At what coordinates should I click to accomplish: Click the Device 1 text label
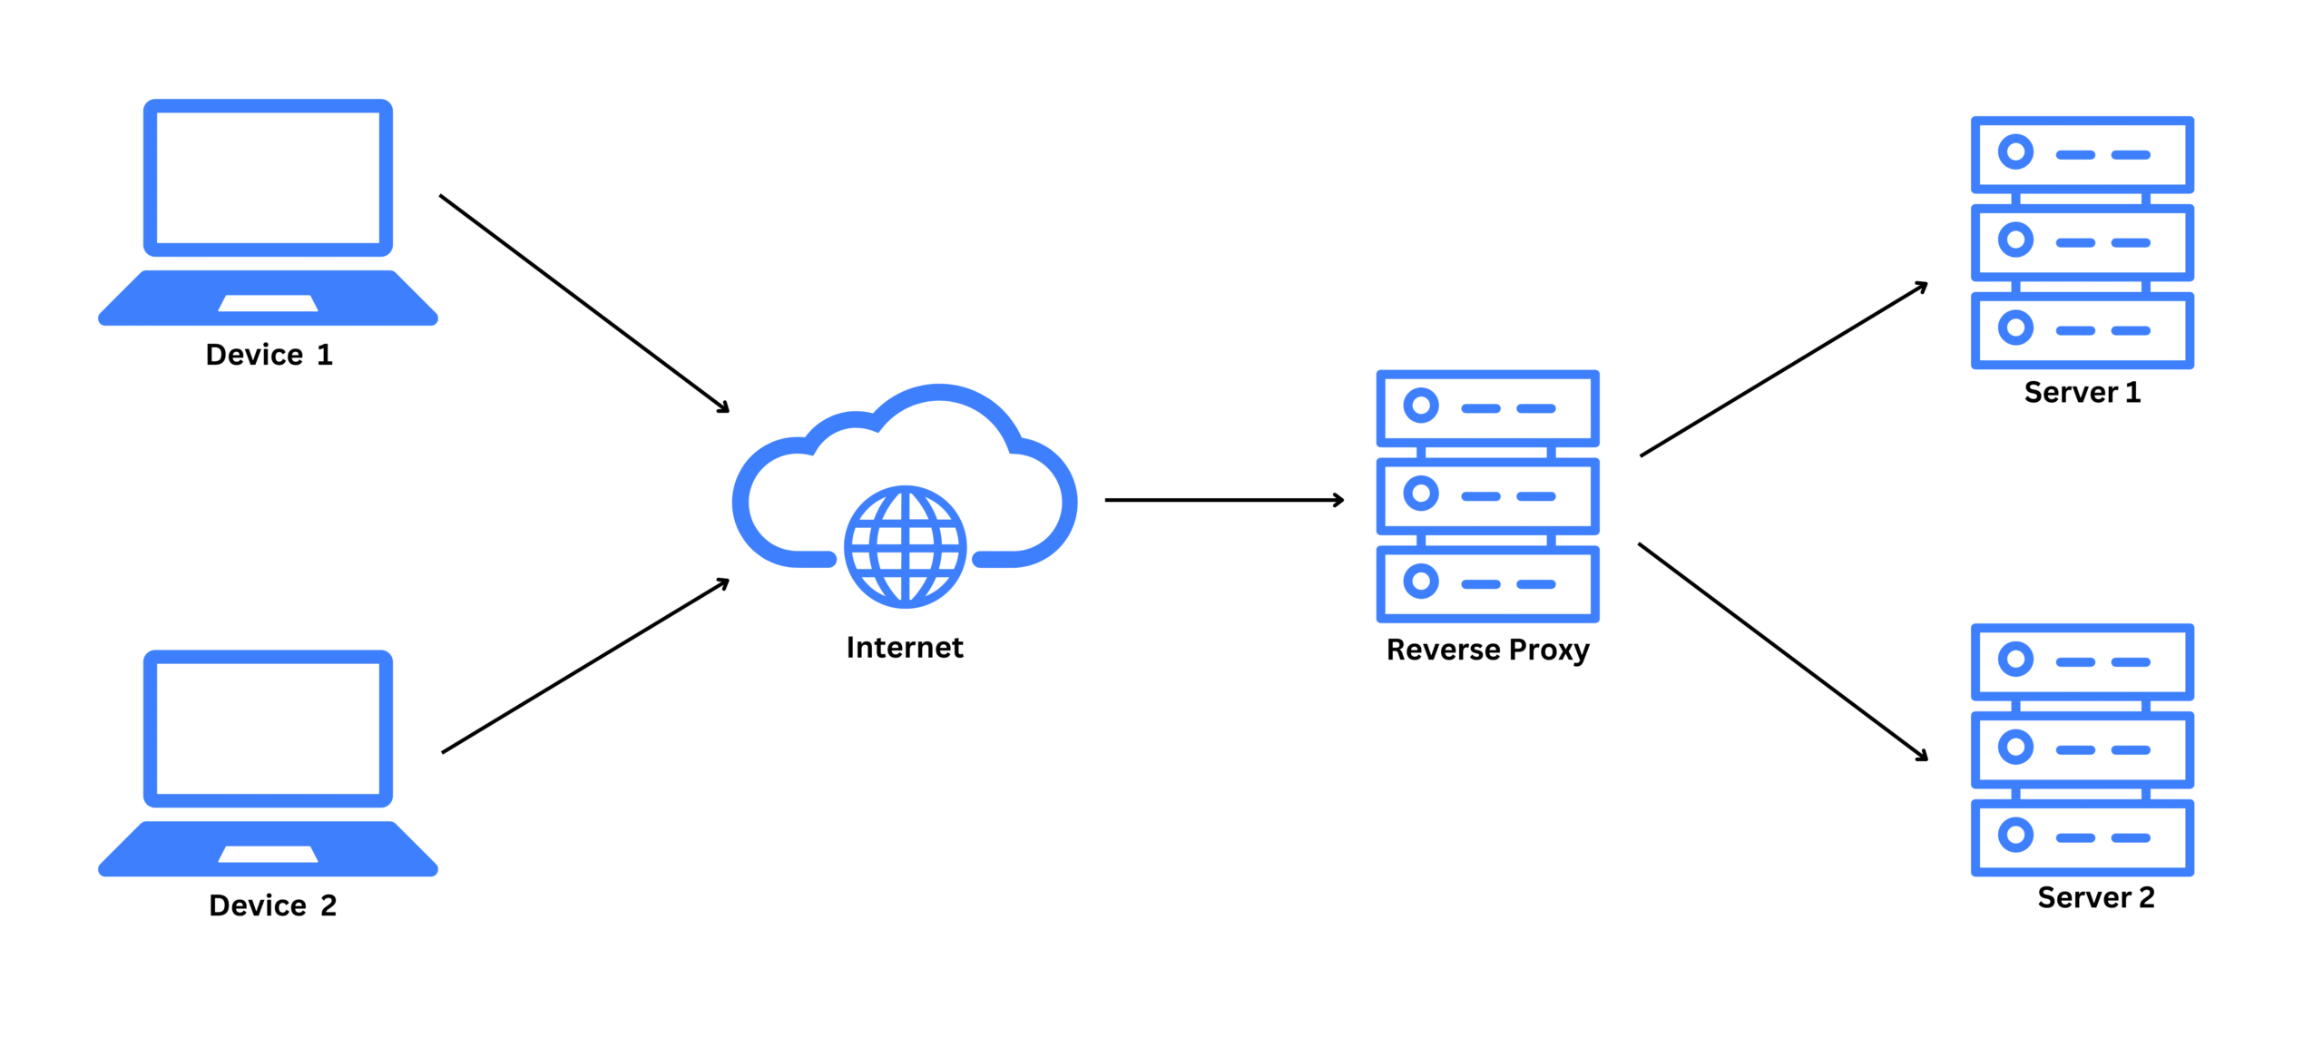pyautogui.click(x=269, y=355)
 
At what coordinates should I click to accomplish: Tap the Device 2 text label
pyautogui.click(x=272, y=905)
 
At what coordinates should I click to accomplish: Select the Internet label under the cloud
pyautogui.click(x=904, y=648)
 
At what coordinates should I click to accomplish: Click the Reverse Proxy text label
pyautogui.click(x=1487, y=651)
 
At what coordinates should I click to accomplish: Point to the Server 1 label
pyautogui.click(x=2082, y=393)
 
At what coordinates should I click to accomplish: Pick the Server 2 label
pyautogui.click(x=2095, y=898)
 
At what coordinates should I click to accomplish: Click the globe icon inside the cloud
pyautogui.click(x=905, y=546)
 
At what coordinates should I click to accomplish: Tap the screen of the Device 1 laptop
pyautogui.click(x=268, y=178)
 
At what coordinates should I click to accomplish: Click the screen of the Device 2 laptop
pyautogui.click(x=268, y=729)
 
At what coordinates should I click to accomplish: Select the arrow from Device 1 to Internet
pyautogui.click(x=583, y=303)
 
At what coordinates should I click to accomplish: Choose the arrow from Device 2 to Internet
pyautogui.click(x=585, y=666)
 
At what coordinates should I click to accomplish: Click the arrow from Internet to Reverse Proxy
pyautogui.click(x=1223, y=500)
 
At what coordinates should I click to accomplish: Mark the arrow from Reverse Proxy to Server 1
pyautogui.click(x=1783, y=369)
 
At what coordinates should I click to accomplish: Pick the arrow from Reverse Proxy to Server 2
pyautogui.click(x=1782, y=651)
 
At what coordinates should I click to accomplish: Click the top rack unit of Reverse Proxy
pyautogui.click(x=1487, y=408)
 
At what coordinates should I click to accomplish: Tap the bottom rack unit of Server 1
pyautogui.click(x=2082, y=330)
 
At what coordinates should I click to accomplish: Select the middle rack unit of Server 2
pyautogui.click(x=2082, y=749)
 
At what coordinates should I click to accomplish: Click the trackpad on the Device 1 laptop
pyautogui.click(x=268, y=303)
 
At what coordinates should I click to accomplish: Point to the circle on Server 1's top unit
pyautogui.click(x=2015, y=152)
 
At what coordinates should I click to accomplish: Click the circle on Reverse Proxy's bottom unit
pyautogui.click(x=1421, y=582)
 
